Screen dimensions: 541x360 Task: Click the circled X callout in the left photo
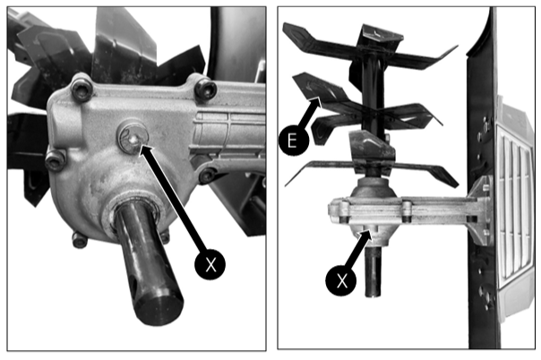pos(210,264)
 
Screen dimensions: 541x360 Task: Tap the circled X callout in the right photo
pos(341,280)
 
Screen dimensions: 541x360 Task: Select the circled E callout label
pos(294,141)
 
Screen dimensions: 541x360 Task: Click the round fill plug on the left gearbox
pos(133,137)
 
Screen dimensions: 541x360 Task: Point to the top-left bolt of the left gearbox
pos(82,90)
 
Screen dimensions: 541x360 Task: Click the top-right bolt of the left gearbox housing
pos(206,89)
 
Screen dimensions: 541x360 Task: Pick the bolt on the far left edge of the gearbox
pos(56,160)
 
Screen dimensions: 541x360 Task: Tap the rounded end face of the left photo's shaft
pos(159,308)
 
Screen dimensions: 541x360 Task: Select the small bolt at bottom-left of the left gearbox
pos(80,240)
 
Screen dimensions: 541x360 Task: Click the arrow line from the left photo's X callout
pos(173,197)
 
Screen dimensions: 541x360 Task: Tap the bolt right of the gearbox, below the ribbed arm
pos(207,175)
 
